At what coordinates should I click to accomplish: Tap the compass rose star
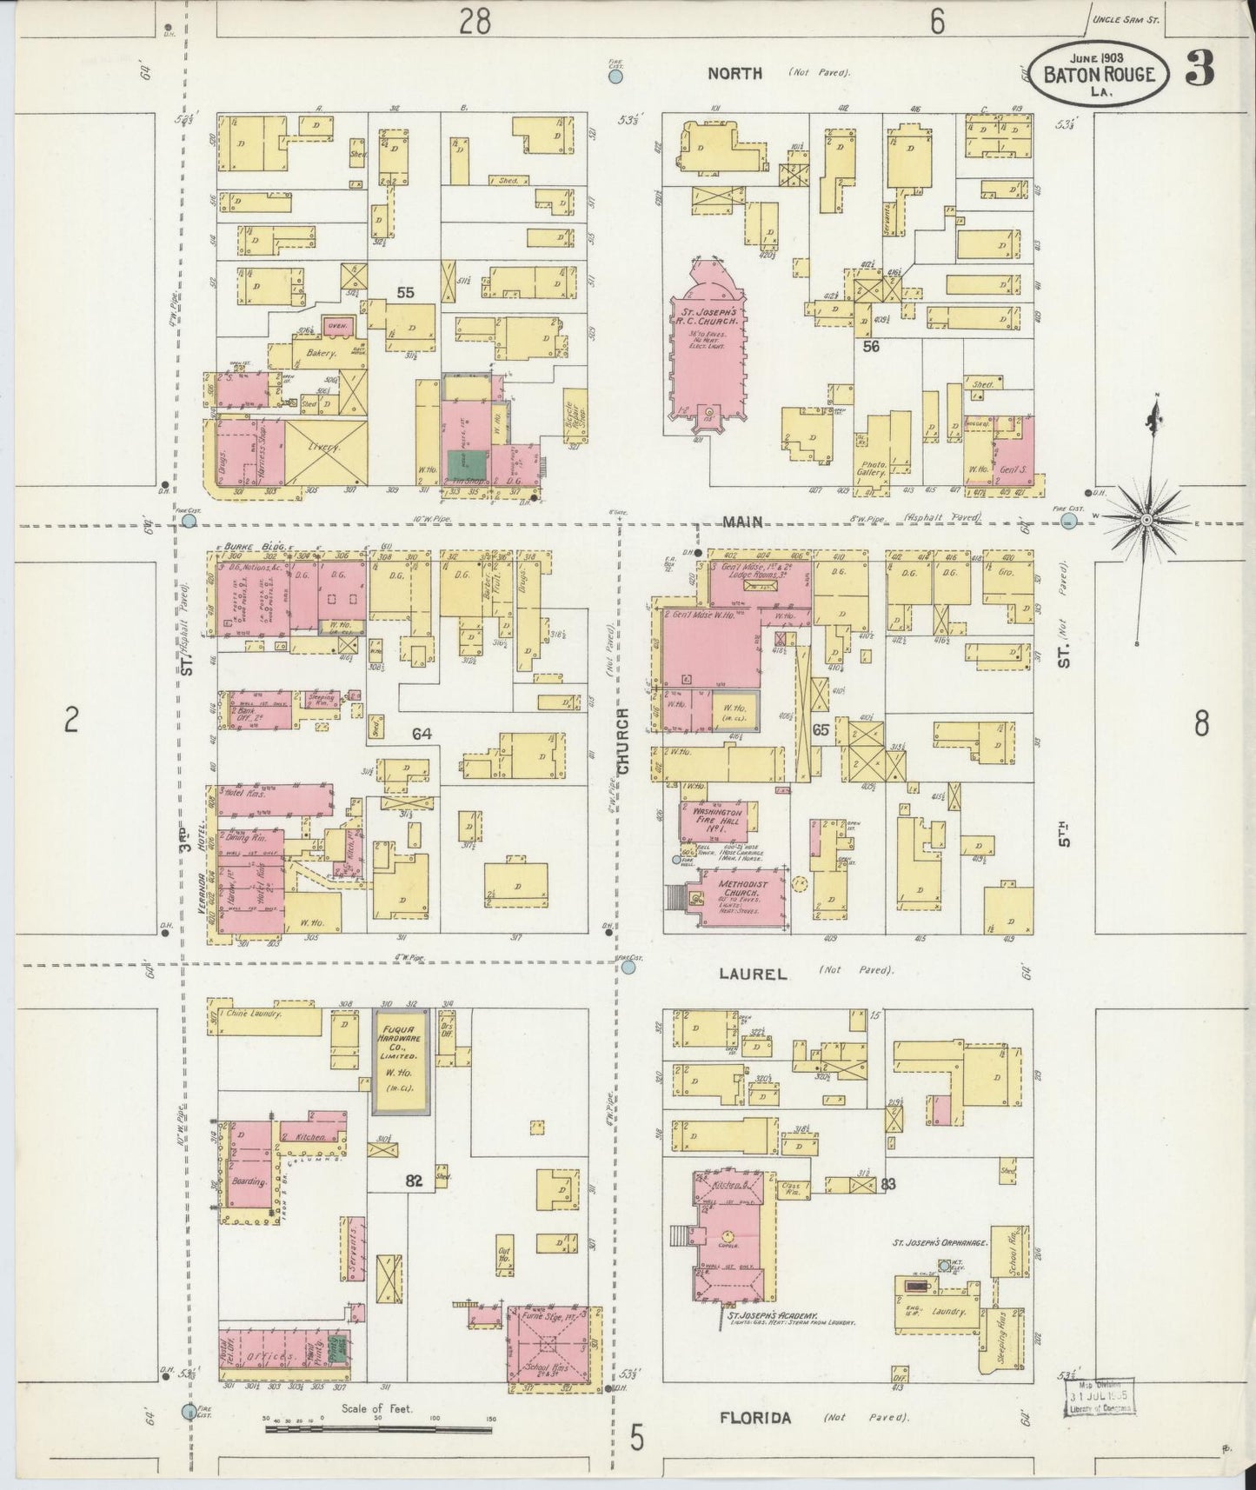point(1146,519)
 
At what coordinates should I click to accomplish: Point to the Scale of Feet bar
point(378,1428)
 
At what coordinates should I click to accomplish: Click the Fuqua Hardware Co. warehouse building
point(401,1062)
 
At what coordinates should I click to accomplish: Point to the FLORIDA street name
point(755,1418)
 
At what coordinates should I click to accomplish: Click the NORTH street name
point(734,74)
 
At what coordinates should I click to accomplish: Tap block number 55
point(405,293)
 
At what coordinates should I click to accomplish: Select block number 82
point(414,1181)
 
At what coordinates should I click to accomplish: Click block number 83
point(887,1184)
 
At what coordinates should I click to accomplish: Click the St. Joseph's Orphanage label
point(941,1244)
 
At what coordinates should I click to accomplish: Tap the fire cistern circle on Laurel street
point(628,966)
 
